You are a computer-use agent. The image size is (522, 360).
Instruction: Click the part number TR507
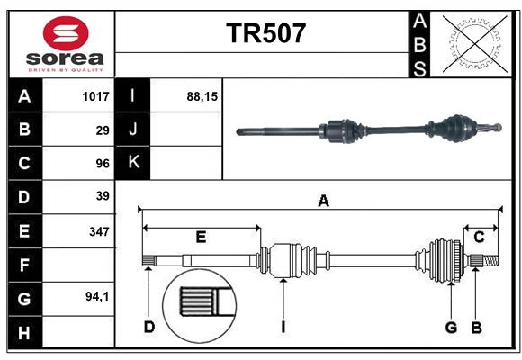[265, 34]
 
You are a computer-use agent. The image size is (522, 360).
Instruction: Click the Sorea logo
[66, 44]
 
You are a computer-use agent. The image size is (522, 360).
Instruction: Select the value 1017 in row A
[95, 95]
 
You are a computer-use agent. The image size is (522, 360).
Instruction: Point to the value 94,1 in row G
[97, 296]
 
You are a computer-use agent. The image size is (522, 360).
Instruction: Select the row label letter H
[24, 333]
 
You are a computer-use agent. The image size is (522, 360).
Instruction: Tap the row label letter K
[132, 162]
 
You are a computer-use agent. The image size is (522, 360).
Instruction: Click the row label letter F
[24, 265]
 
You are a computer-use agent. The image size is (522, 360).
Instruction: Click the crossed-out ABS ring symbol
[471, 42]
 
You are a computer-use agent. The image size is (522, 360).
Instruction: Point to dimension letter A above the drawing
[323, 201]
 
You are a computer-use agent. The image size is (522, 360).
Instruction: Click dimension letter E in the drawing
[201, 237]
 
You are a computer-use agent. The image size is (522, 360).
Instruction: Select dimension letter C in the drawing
[479, 237]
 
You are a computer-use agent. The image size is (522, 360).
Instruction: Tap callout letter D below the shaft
[149, 327]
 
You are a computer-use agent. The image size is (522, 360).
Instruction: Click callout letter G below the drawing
[451, 327]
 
